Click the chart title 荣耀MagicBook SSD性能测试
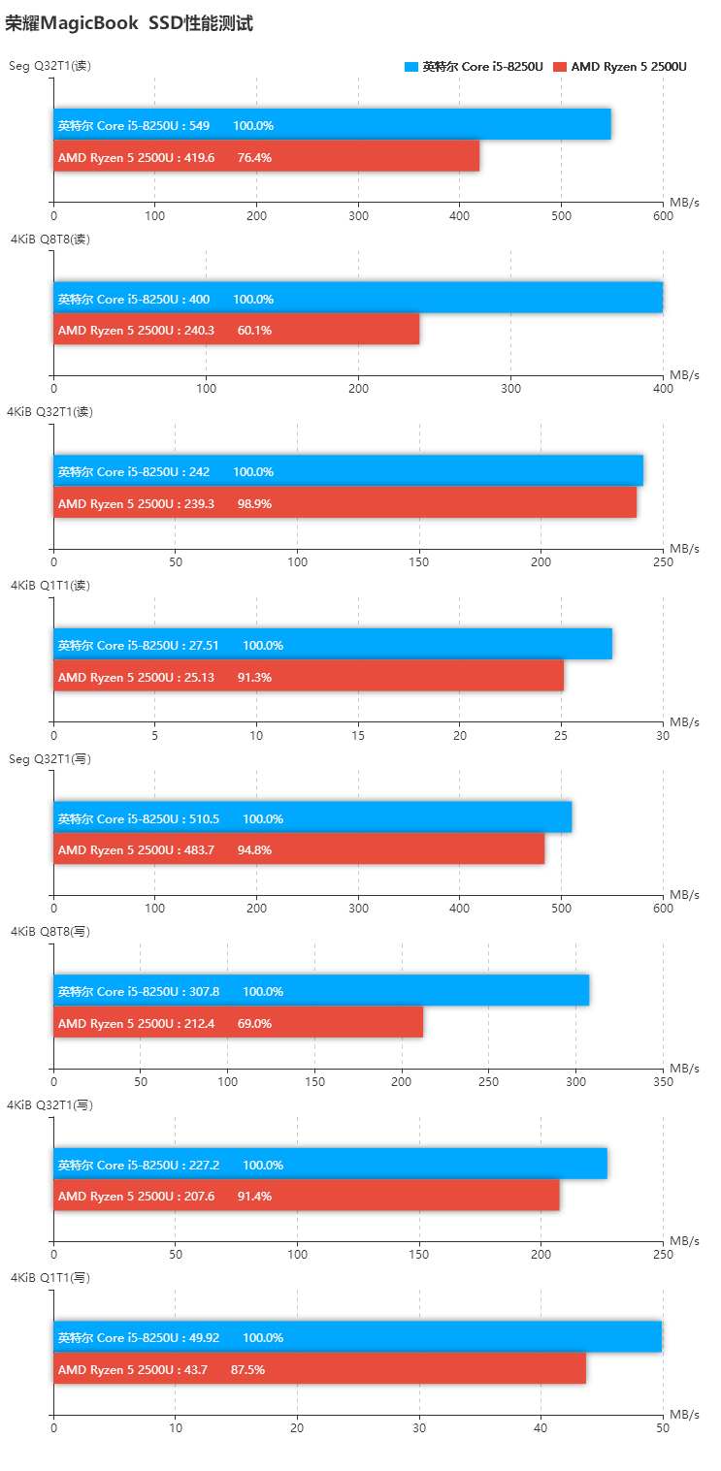[129, 23]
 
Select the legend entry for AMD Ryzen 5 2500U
[620, 67]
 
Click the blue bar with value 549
[332, 125]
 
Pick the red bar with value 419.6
[266, 157]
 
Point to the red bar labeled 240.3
[236, 330]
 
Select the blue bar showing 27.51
[332, 645]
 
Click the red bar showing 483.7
[299, 849]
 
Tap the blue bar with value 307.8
[321, 991]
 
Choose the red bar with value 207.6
[306, 1196]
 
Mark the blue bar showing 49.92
[357, 1337]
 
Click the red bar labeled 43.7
[319, 1368]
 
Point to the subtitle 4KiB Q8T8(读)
[50, 239]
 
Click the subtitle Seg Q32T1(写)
[50, 758]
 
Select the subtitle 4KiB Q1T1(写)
[50, 1277]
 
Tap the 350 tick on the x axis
[663, 1081]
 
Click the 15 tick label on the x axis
[358, 735]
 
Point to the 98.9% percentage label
[254, 503]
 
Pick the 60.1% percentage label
[254, 330]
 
